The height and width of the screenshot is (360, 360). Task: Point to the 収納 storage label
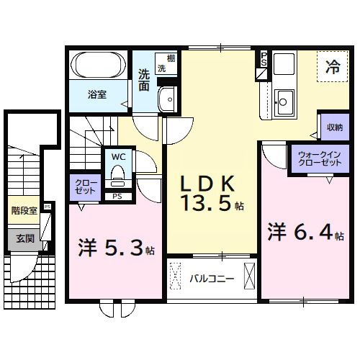coord(333,127)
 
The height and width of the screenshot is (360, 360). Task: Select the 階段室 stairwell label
coord(24,211)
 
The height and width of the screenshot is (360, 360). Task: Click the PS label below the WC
coord(116,196)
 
